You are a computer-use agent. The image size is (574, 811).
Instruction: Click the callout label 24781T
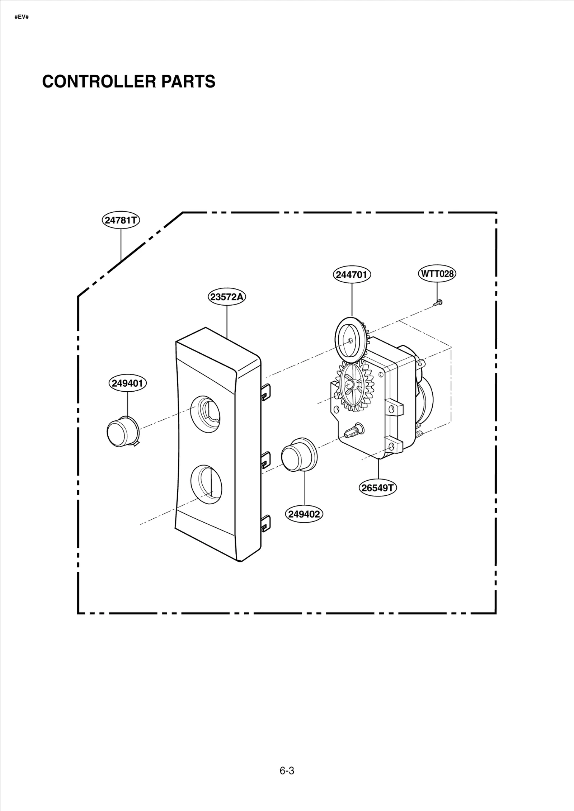point(121,220)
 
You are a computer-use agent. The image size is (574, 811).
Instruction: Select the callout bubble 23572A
point(227,297)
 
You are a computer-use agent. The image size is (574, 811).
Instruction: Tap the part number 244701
point(352,275)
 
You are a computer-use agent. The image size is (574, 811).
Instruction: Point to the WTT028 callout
point(437,274)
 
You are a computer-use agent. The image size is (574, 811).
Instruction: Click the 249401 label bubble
point(127,383)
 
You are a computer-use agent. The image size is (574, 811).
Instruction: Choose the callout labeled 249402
point(304,514)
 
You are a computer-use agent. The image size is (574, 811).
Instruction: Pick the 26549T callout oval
point(378,488)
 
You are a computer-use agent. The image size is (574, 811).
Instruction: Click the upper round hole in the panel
point(206,414)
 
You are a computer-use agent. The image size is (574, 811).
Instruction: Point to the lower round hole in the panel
point(206,484)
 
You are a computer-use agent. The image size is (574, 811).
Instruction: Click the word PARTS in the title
point(188,81)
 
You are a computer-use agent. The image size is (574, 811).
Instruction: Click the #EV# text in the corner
point(22,17)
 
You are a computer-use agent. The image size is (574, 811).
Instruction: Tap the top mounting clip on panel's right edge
point(265,391)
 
